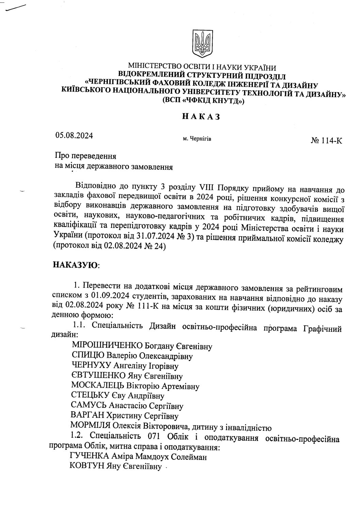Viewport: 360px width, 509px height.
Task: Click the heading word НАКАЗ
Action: (201, 117)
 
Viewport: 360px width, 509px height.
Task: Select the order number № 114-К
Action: (326, 141)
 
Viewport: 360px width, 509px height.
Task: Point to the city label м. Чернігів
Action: (197, 139)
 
